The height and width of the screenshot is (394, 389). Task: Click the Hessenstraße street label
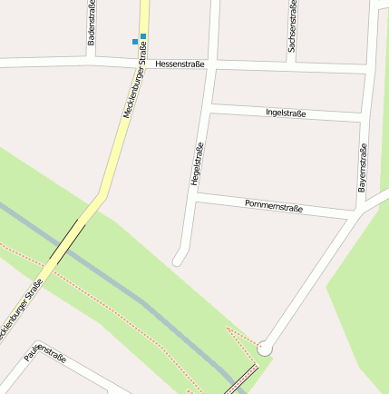pos(180,64)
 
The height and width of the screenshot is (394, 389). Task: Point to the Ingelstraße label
pos(286,113)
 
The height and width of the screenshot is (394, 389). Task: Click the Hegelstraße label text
pos(197,163)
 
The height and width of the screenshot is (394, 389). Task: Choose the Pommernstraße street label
pos(274,206)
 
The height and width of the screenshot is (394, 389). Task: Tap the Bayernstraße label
pos(363,167)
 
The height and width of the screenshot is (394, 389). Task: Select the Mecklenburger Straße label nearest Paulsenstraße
pos(23,310)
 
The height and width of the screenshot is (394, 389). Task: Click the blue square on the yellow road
pos(143,36)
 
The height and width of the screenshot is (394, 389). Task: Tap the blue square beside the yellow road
pos(135,42)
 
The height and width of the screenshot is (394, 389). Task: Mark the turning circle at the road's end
pos(264,348)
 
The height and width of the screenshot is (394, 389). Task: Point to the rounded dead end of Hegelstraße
pos(179,261)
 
